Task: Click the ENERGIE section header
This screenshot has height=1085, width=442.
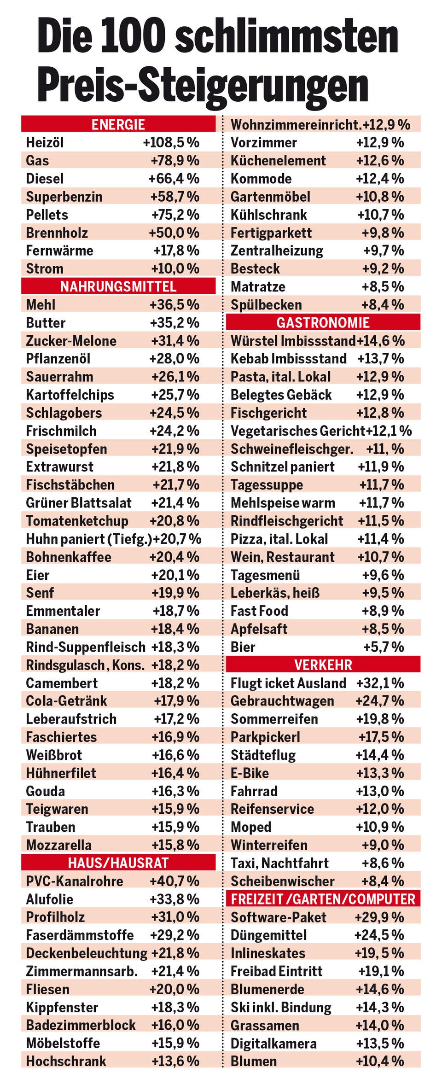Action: pos(118,124)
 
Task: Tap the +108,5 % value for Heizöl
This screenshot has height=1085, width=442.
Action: pos(171,142)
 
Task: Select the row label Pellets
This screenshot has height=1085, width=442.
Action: pos(47,215)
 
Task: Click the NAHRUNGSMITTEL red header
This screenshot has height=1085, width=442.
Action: pos(118,286)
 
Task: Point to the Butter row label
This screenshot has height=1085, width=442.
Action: pos(46,323)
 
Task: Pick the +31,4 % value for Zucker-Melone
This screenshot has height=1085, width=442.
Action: pos(175,341)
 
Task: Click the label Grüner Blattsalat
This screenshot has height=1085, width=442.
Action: pos(79,502)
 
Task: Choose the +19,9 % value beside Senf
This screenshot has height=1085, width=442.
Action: pos(175,593)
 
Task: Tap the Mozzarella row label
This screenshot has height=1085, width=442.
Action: pos(59,845)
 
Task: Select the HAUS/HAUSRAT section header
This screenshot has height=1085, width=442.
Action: pos(118,863)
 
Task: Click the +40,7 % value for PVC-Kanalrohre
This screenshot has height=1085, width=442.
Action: pos(174,881)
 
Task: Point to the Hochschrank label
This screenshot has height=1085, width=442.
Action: pos(66,1061)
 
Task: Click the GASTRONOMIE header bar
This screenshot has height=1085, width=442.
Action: pos(323,322)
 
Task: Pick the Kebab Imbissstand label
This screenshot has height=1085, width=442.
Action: pos(288,359)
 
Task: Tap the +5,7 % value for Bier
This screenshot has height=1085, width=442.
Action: pos(383,647)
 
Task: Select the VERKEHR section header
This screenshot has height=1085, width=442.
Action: pos(323,665)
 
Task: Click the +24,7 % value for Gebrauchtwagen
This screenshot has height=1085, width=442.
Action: pos(379,701)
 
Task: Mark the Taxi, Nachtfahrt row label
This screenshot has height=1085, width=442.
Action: pos(279,863)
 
